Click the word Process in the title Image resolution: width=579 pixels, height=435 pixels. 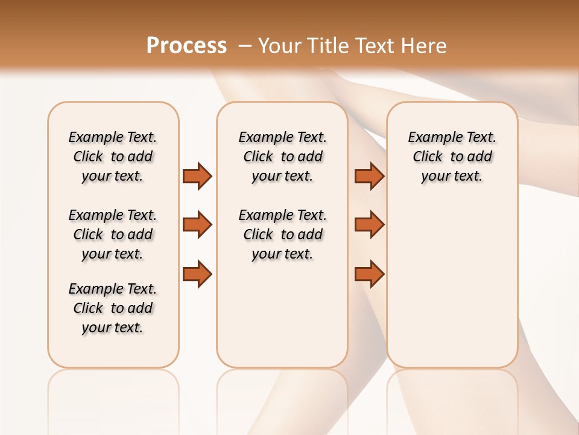click(x=186, y=46)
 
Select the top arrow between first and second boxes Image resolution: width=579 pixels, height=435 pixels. click(x=197, y=176)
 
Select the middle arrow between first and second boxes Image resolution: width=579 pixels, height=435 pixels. click(x=197, y=225)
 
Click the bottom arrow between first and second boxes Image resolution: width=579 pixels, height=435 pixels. click(x=197, y=274)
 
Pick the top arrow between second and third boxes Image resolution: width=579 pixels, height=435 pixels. click(x=369, y=176)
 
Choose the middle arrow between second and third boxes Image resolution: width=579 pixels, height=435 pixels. click(x=369, y=225)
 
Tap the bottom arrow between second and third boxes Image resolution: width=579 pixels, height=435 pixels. click(x=369, y=274)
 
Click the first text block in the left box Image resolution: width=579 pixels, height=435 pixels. click(x=113, y=156)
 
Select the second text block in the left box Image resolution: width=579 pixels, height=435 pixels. click(x=113, y=234)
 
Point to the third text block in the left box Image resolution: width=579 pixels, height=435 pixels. click(x=113, y=308)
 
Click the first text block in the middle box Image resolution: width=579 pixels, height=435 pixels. click(x=282, y=156)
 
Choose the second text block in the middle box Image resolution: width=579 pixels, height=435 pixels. click(x=282, y=234)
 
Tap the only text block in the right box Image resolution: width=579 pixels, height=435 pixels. click(x=452, y=156)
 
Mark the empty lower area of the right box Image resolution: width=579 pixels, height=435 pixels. click(x=452, y=284)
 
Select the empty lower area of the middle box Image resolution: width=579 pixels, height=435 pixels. click(x=282, y=314)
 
